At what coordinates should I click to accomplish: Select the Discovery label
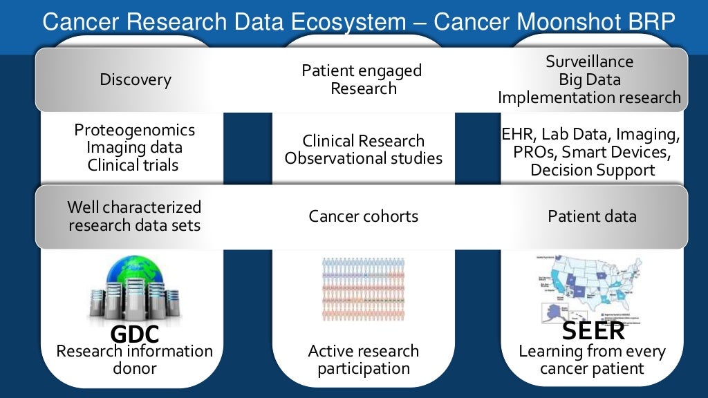click(x=136, y=79)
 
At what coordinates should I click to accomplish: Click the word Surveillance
click(x=589, y=61)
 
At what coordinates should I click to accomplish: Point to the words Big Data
click(x=589, y=79)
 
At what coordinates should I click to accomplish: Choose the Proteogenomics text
click(x=134, y=130)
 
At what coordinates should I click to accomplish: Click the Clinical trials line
click(x=133, y=165)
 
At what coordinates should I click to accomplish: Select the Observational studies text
click(x=363, y=158)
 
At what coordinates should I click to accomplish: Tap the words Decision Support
click(x=592, y=169)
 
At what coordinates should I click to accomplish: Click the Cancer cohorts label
click(x=363, y=216)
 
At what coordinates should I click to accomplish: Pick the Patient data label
click(x=592, y=216)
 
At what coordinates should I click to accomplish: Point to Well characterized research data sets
click(x=134, y=216)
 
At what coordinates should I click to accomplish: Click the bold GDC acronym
click(x=134, y=334)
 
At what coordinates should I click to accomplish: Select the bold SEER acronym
click(x=593, y=330)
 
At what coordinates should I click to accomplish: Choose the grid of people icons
click(x=363, y=289)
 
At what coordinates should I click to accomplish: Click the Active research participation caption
click(x=363, y=359)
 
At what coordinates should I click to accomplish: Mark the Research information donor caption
click(x=134, y=359)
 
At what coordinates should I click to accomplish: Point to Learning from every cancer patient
click(x=592, y=359)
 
